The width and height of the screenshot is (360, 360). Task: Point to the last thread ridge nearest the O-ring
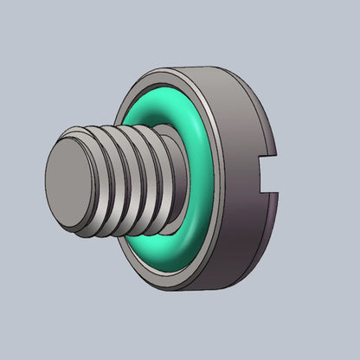click(x=157, y=156)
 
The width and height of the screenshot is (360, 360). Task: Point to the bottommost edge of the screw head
click(x=186, y=289)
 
